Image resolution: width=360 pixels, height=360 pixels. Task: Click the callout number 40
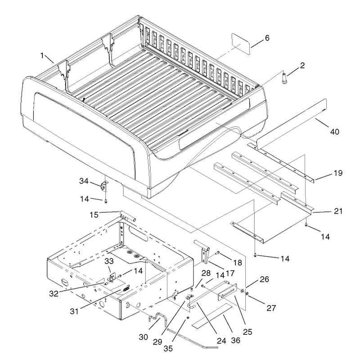(334, 132)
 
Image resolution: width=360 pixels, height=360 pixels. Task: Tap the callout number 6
(267, 38)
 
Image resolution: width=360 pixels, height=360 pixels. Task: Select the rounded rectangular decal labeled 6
(241, 44)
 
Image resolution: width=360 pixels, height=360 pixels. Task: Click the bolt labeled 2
(284, 78)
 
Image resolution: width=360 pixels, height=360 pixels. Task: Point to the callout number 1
(42, 55)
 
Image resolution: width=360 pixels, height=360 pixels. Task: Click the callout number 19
(338, 173)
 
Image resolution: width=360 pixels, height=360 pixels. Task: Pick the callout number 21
(338, 211)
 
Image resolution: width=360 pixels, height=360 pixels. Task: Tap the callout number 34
(84, 181)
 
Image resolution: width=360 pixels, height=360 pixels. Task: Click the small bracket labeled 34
(105, 186)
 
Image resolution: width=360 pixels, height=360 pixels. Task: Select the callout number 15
(94, 215)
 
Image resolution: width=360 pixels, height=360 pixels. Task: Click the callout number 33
(109, 261)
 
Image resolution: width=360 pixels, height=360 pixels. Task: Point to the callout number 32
(54, 293)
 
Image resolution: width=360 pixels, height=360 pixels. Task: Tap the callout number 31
(74, 311)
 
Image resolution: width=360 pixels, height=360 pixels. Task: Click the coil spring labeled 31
(126, 288)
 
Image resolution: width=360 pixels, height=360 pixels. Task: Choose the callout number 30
(143, 337)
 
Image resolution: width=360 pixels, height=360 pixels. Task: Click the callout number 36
(235, 340)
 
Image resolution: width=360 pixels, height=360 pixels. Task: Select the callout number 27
(271, 308)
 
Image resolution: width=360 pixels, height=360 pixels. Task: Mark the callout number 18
(238, 262)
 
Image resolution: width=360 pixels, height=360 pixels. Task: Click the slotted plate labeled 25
(227, 292)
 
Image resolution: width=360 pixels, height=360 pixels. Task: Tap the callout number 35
(168, 348)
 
